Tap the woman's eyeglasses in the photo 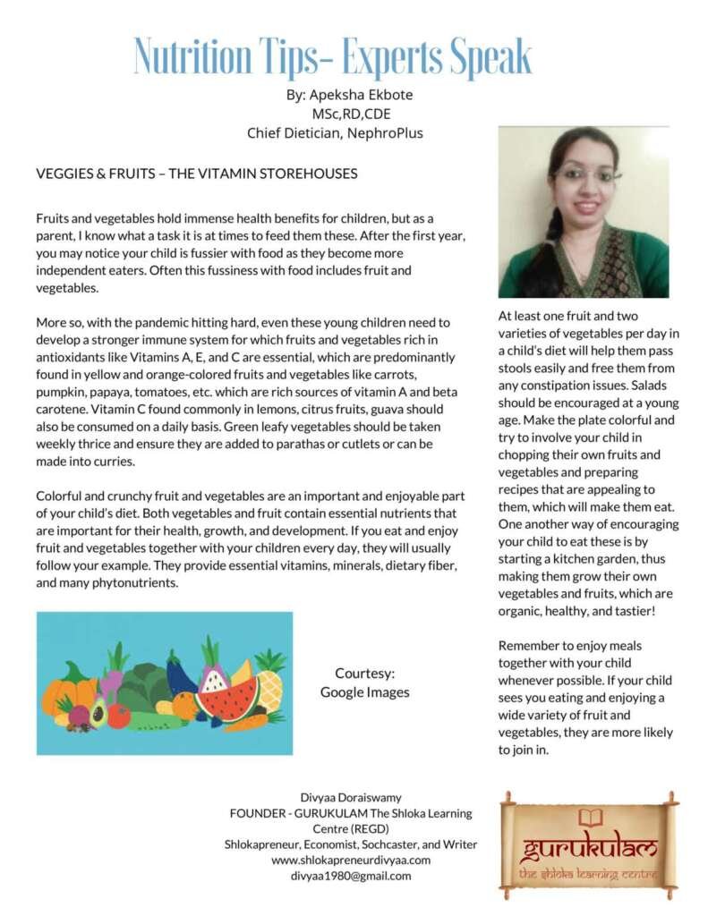[x=587, y=174]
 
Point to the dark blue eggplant [x=180, y=675]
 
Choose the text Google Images [x=364, y=691]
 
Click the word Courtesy [x=364, y=673]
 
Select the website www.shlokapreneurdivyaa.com [x=351, y=860]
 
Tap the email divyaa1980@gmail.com [x=351, y=876]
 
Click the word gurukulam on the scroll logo [x=590, y=847]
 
